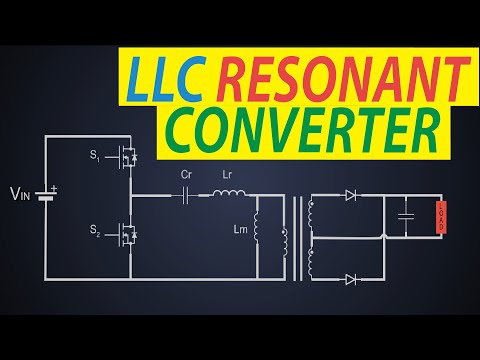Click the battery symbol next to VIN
tap(46, 192)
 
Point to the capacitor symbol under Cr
tap(186, 194)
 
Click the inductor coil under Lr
tap(226, 193)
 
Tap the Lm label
tap(240, 231)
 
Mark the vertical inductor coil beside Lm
tap(257, 231)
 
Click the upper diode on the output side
tap(351, 194)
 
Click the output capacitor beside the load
tap(405, 216)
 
